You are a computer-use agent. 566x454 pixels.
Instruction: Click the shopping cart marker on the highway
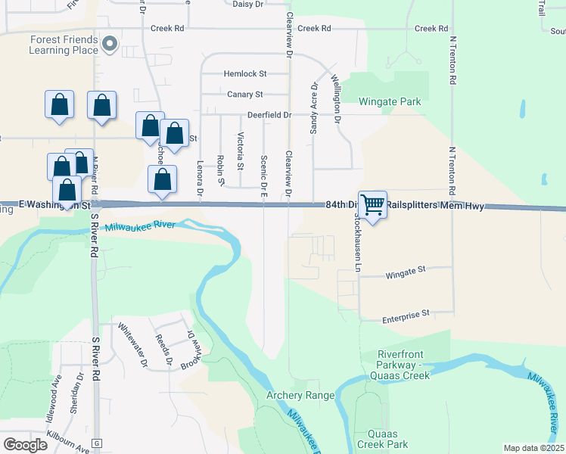(x=372, y=205)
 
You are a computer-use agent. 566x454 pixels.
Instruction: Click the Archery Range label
(x=300, y=395)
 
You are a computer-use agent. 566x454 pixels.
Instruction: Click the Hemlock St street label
(x=245, y=74)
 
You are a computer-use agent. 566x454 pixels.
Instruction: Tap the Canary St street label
(x=244, y=95)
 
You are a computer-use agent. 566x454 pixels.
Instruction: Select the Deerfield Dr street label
(x=268, y=115)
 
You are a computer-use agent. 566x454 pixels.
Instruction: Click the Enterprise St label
(x=406, y=313)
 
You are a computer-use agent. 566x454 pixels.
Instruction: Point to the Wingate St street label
(x=406, y=269)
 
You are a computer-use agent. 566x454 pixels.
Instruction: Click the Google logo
(x=25, y=445)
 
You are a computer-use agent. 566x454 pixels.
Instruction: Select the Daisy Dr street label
(x=247, y=4)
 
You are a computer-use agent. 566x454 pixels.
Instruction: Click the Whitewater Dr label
(x=133, y=345)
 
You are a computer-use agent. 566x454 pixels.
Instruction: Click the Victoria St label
(x=241, y=151)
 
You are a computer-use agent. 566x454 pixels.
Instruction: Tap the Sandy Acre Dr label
(x=313, y=109)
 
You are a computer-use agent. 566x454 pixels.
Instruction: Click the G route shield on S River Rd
(x=96, y=443)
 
